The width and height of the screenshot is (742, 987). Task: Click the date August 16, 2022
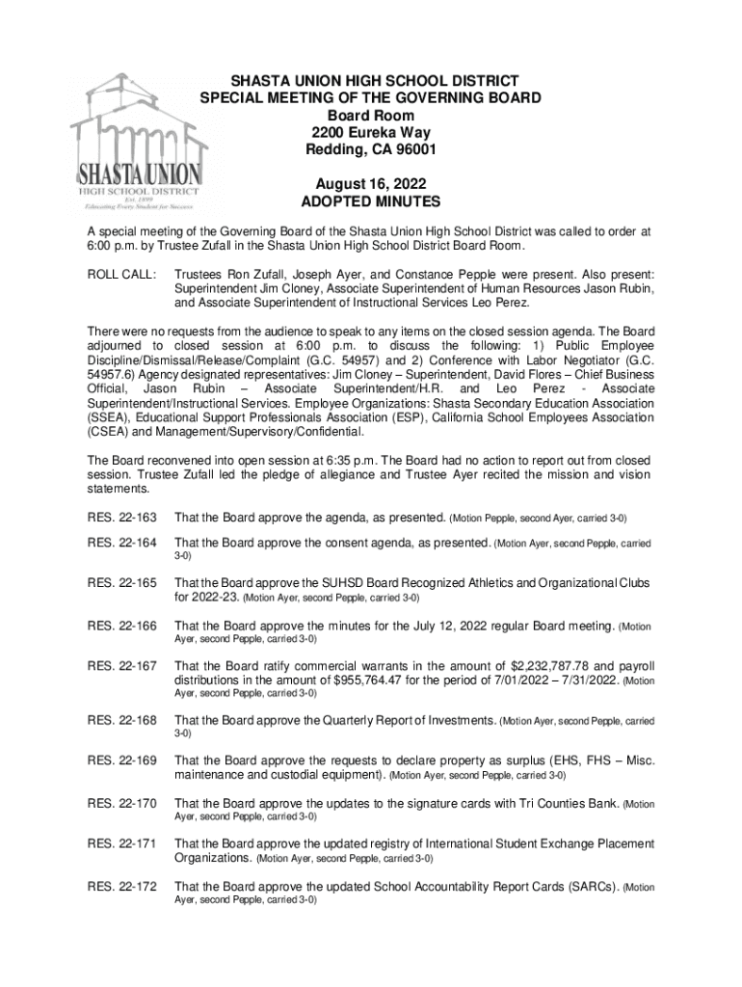click(x=370, y=184)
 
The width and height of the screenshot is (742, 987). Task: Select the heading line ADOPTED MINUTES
click(x=370, y=202)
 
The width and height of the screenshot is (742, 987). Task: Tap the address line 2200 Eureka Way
click(x=370, y=133)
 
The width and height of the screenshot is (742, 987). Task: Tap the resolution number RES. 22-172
click(x=121, y=887)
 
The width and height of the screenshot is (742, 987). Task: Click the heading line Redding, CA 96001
click(x=370, y=150)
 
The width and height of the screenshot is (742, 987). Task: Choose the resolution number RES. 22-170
click(x=121, y=803)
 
